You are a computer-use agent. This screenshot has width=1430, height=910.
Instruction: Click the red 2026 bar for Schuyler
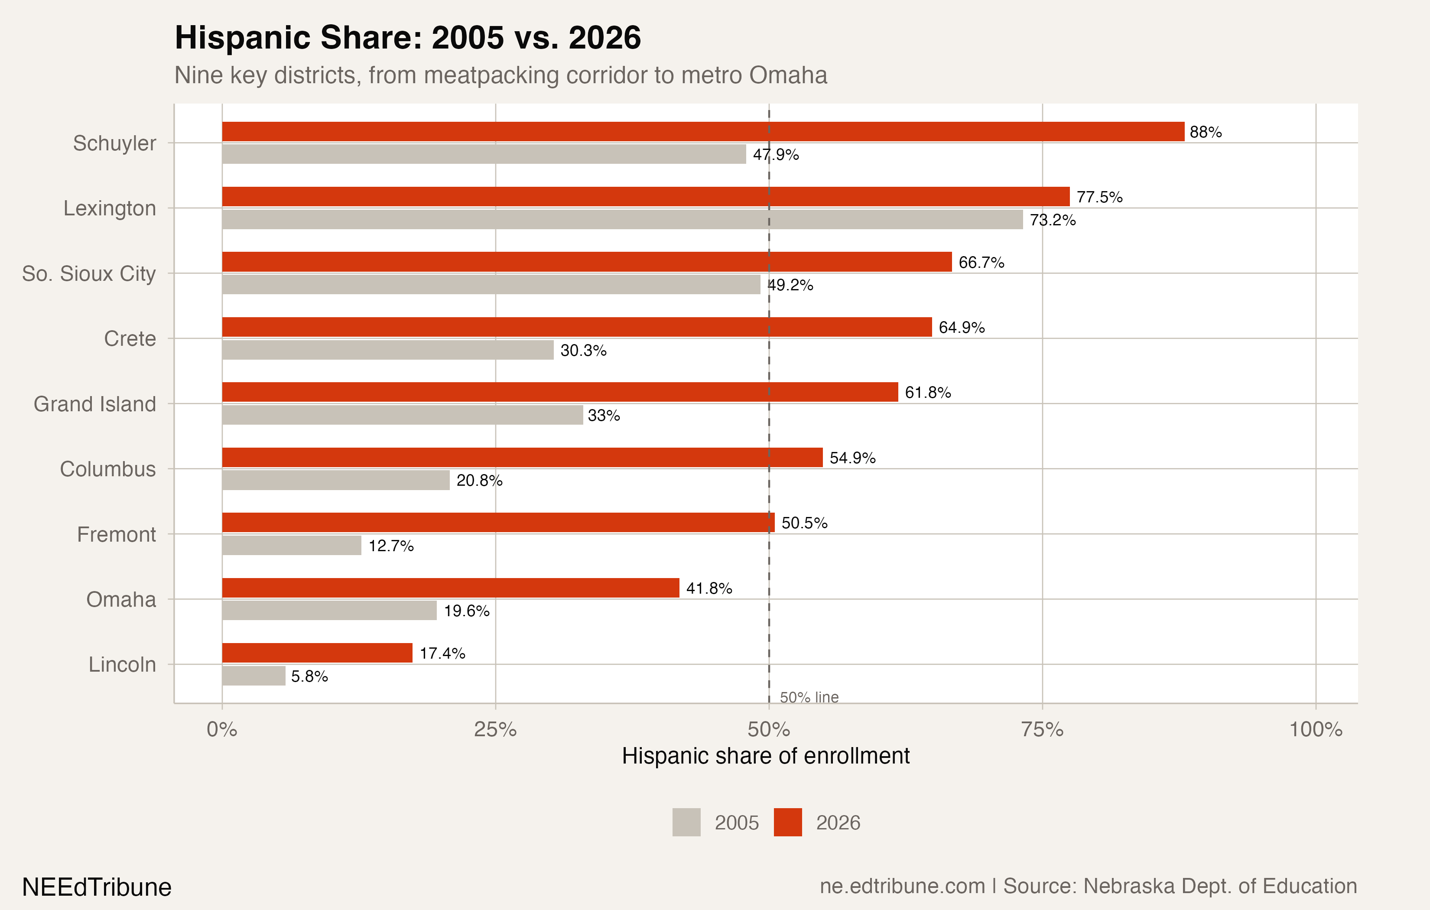click(x=703, y=131)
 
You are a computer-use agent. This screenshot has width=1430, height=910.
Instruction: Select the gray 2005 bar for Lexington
click(x=622, y=219)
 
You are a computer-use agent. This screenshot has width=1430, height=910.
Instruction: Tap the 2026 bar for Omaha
click(x=450, y=588)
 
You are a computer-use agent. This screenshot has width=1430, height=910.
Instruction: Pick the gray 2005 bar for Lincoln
click(x=253, y=676)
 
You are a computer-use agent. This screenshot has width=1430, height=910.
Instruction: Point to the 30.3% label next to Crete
click(x=583, y=351)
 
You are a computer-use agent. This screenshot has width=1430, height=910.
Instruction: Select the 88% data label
click(x=1205, y=132)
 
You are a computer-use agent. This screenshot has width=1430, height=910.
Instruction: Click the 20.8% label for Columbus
click(x=479, y=480)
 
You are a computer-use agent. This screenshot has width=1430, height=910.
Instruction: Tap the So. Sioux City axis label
click(x=89, y=273)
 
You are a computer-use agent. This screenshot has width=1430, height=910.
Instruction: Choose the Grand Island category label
click(x=94, y=404)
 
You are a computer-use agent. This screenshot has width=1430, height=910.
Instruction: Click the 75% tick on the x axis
click(x=1042, y=729)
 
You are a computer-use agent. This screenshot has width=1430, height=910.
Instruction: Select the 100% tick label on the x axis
click(x=1316, y=729)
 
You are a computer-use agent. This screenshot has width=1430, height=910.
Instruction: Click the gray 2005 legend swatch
click(x=686, y=822)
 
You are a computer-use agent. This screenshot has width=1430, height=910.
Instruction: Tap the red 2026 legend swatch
click(x=787, y=822)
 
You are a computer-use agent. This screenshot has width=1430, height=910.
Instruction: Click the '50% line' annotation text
click(x=809, y=697)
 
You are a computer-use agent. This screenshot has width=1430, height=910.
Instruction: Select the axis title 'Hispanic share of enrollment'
click(x=765, y=756)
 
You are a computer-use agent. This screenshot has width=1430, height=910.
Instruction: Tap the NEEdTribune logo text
click(x=97, y=887)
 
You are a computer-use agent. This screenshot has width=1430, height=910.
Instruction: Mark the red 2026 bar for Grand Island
click(x=559, y=392)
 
